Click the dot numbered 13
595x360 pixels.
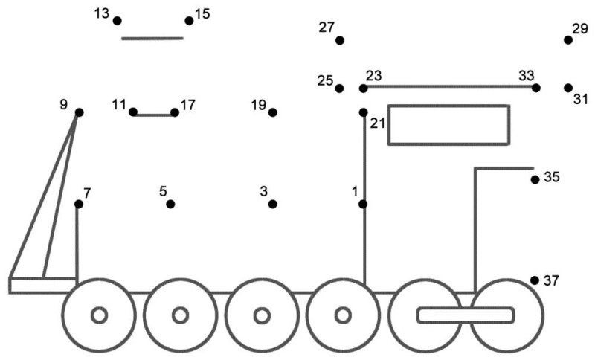coord(118,21)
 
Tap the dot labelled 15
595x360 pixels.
coord(189,21)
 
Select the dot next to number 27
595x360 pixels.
coord(340,40)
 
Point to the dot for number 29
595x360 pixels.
coord(567,40)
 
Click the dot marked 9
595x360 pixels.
coord(79,112)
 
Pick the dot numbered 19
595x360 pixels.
coord(272,112)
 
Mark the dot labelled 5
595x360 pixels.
coord(170,204)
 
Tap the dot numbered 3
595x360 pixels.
coord(272,204)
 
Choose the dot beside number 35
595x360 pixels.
coord(535,179)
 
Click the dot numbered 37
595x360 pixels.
coord(535,280)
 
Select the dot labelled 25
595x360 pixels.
coord(339,89)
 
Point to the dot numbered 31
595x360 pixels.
coord(567,88)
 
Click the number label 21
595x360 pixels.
coord(378,123)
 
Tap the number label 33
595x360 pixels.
coord(527,76)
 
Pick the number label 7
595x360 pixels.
coord(87,193)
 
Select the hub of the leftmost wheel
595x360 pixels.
coord(99,315)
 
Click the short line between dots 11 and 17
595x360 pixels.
coord(154,115)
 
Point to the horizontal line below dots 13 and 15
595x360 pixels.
coord(152,38)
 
